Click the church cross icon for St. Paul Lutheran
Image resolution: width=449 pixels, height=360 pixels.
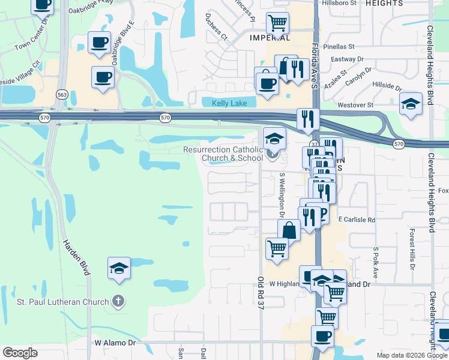click(x=119, y=302)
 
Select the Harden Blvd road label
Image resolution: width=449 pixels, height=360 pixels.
click(x=76, y=258)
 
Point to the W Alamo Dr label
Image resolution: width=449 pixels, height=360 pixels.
click(x=116, y=343)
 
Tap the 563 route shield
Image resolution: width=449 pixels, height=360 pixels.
click(x=61, y=94)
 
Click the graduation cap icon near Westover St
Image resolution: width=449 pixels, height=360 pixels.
click(x=411, y=104)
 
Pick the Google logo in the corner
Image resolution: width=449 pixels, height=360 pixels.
click(x=20, y=352)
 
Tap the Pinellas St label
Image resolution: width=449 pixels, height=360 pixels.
click(x=339, y=46)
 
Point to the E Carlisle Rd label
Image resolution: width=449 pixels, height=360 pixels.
click(x=357, y=220)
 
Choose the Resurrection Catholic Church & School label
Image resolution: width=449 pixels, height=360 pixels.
click(x=223, y=154)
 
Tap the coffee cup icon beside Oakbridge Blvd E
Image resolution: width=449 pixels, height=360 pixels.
click(x=100, y=43)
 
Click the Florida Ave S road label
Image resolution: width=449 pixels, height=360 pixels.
click(x=314, y=61)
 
